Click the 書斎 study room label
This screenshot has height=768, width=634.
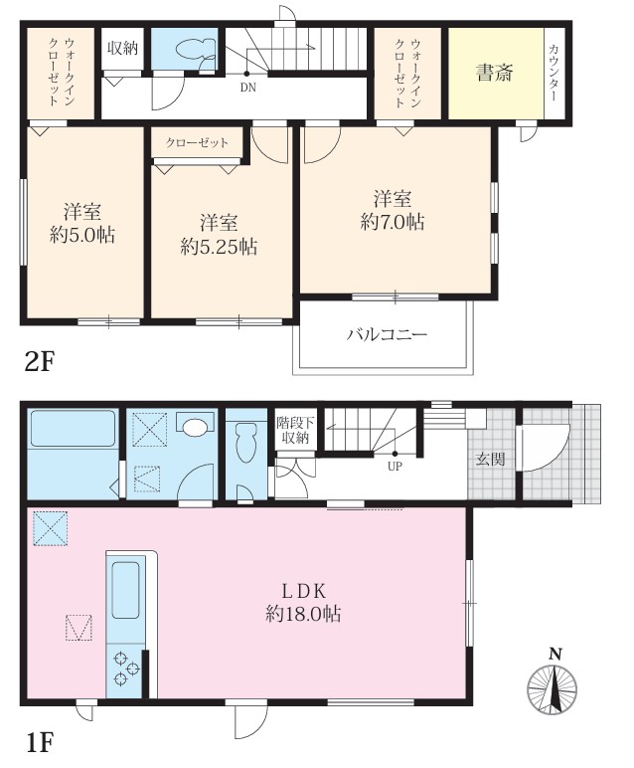point(494,74)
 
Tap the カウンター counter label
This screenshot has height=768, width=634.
point(555,73)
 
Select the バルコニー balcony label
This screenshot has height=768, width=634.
point(387,335)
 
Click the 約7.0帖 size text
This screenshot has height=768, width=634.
point(393,223)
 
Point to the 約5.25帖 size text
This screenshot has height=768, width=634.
point(219,247)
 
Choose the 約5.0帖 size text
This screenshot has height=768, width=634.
point(82,235)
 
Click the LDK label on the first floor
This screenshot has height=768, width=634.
point(303,592)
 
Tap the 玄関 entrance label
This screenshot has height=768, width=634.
point(490,460)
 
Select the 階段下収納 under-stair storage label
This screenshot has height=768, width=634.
point(294,430)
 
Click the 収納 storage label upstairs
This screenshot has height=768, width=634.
point(123,48)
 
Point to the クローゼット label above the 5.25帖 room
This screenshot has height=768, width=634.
point(197,142)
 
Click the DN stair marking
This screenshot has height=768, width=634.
point(248,89)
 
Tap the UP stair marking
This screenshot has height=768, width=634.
point(395,467)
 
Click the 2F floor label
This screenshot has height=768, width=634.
point(39,363)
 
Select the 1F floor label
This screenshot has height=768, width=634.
point(39,742)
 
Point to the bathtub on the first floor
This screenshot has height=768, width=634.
point(73,429)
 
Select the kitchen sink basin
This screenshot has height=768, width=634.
point(126,590)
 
